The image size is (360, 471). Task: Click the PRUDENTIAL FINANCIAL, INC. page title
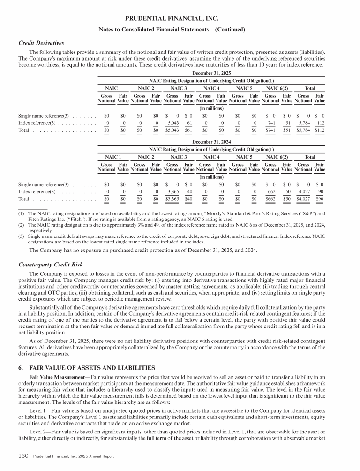180,19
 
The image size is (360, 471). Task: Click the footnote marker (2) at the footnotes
21,225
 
